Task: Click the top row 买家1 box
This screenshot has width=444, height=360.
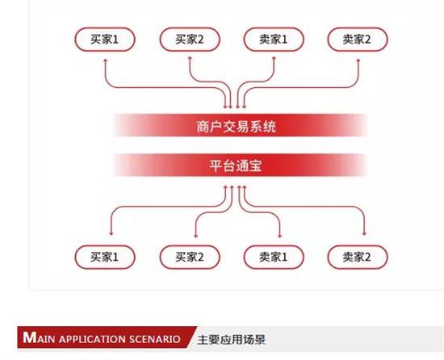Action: coord(105,40)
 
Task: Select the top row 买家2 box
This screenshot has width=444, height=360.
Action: coord(190,40)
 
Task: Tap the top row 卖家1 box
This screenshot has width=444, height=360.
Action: coord(274,40)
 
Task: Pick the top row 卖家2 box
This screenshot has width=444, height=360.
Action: coord(358,40)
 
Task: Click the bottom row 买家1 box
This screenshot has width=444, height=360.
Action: coord(105,257)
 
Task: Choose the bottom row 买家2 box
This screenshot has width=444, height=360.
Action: coord(190,257)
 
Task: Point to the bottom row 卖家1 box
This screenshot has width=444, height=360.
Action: coord(274,257)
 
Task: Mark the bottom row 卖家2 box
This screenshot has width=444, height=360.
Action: coord(358,257)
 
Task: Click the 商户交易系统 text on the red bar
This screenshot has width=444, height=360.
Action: coord(237,126)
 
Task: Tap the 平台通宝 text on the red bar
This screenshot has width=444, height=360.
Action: coord(236,165)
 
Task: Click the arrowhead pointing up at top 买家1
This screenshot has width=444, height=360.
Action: coord(105,61)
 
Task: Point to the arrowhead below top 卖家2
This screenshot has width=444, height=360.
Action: coord(358,61)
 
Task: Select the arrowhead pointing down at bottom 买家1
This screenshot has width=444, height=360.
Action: coord(111,233)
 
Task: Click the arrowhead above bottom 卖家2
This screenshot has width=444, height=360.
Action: coord(364,233)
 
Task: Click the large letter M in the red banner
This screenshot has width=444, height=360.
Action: coord(30,337)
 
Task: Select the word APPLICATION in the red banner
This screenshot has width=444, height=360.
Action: coord(92,339)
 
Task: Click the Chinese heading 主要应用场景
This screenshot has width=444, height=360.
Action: coord(232,339)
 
